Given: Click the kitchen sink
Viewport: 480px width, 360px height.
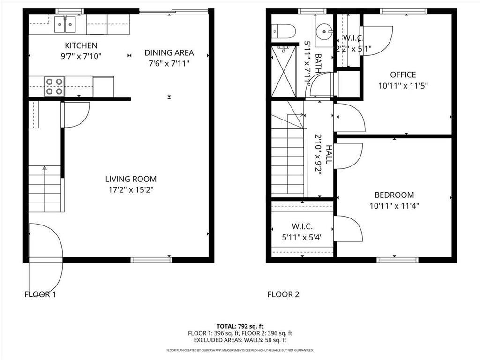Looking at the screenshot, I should tap(65, 24).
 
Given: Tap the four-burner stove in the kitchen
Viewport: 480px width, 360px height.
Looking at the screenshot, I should tap(54, 86).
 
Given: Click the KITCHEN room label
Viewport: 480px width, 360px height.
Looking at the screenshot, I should tap(81, 45).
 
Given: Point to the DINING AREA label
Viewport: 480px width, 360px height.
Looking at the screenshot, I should tap(169, 53).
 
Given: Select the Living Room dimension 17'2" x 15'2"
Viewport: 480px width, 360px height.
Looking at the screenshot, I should tap(130, 190).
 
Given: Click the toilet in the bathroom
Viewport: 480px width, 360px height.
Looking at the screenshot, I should tap(284, 31).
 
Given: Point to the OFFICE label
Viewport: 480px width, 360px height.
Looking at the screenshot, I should tap(403, 75).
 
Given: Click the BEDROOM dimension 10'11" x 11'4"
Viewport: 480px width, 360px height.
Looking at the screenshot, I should tap(394, 205).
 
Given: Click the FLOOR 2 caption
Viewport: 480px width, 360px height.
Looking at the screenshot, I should tap(283, 294).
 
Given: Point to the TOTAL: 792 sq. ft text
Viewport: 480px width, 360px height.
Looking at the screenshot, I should tap(240, 326).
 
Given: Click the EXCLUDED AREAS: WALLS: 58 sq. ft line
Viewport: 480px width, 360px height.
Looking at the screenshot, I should tap(240, 340).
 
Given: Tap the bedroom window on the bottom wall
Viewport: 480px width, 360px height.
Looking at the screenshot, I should tap(397, 259).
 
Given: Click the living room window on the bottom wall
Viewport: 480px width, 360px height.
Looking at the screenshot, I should tap(145, 259).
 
